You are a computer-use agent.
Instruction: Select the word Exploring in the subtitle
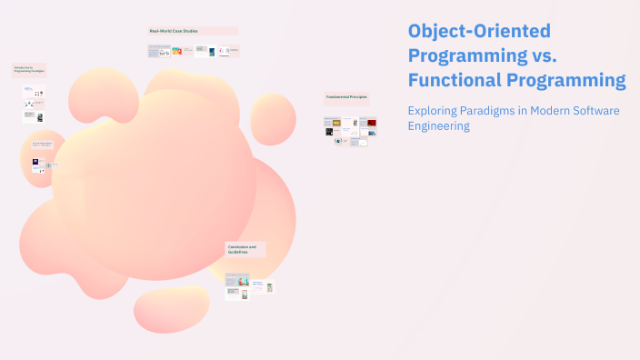435,110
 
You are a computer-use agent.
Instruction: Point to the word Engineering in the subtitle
439,126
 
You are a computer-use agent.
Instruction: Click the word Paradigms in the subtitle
497,110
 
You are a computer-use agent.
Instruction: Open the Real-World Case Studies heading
173,32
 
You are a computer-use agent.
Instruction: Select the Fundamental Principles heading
346,97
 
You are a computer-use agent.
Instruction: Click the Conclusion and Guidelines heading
242,249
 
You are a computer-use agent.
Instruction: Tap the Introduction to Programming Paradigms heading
28,70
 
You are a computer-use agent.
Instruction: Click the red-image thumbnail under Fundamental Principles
372,122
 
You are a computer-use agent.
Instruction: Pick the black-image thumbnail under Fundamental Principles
329,132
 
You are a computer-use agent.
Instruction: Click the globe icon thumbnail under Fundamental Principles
338,142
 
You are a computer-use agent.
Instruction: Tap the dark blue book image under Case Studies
212,52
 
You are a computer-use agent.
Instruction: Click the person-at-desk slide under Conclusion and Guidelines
243,281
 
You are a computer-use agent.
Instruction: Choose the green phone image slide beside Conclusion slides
269,287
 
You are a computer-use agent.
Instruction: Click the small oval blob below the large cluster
172,309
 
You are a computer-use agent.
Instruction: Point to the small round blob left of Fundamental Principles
273,118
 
